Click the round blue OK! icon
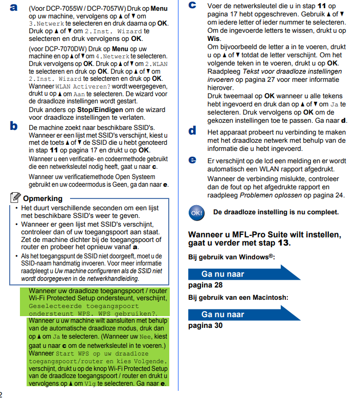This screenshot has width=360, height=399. pyautogui.click(x=196, y=212)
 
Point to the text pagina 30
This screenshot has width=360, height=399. pyautogui.click(x=206, y=325)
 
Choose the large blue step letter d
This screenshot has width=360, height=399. pyautogui.click(x=192, y=130)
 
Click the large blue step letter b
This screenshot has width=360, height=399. pyautogui.click(x=14, y=126)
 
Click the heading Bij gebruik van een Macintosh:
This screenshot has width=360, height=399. pyautogui.click(x=238, y=297)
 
